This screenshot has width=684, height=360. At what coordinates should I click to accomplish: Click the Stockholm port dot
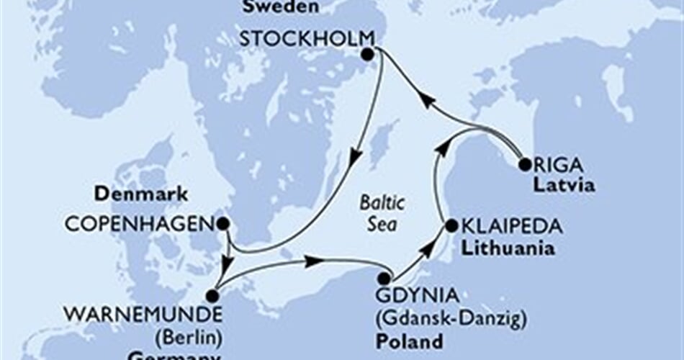pyautogui.click(x=368, y=55)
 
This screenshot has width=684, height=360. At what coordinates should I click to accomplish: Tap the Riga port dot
pyautogui.click(x=524, y=164)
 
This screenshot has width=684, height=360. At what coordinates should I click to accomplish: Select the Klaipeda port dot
pyautogui.click(x=451, y=226)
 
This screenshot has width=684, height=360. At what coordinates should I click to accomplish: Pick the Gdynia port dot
pyautogui.click(x=385, y=278)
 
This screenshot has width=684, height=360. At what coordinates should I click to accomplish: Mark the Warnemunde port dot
pyautogui.click(x=212, y=295)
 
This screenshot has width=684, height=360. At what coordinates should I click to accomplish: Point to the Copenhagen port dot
pyautogui.click(x=223, y=223)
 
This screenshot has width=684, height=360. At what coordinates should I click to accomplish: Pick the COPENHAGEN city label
pyautogui.click(x=140, y=224)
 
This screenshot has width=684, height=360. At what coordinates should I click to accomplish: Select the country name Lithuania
pyautogui.click(x=508, y=249)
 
